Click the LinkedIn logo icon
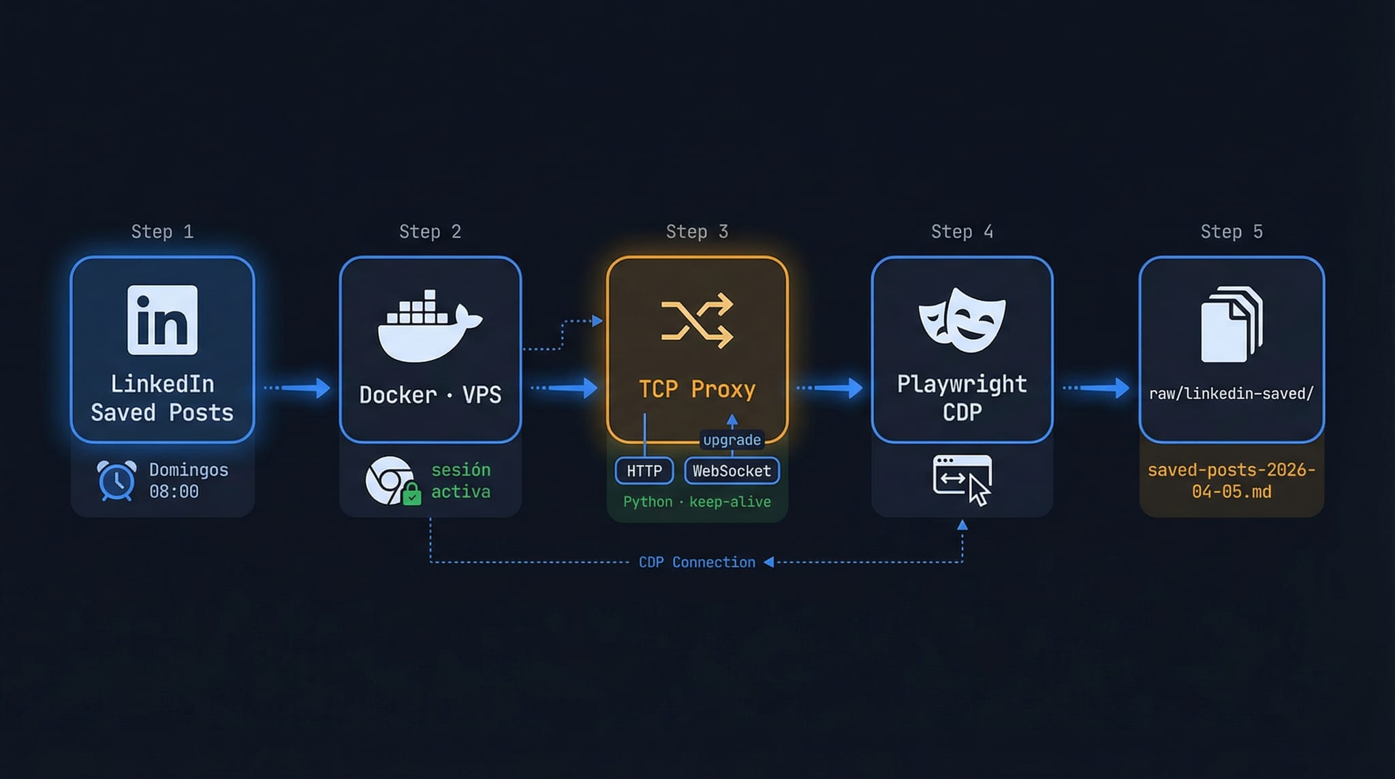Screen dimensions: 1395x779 (x=162, y=320)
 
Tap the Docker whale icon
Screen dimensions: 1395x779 (x=430, y=326)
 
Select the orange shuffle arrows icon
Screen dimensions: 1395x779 (x=697, y=321)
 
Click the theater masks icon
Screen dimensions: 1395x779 (x=962, y=320)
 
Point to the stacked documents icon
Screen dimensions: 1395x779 (x=1232, y=324)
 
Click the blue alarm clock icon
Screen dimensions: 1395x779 (x=116, y=480)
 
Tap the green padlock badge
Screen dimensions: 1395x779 (x=411, y=493)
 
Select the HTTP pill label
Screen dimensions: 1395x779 (x=644, y=471)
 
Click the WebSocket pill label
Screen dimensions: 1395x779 (x=732, y=471)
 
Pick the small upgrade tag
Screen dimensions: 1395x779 (x=732, y=440)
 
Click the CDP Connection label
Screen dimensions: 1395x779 (x=697, y=562)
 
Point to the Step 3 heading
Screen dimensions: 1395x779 (x=697, y=232)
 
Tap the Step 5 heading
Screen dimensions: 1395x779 (x=1232, y=232)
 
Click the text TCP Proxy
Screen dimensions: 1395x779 (x=697, y=389)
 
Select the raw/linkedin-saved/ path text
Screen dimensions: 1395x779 (x=1232, y=393)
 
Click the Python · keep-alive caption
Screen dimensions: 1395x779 (x=697, y=502)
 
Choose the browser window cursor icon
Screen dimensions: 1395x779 (x=962, y=480)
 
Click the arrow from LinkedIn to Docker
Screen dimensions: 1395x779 (x=297, y=388)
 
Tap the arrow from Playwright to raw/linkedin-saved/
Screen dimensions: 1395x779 (x=1096, y=388)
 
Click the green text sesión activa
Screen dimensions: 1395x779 (x=460, y=480)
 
